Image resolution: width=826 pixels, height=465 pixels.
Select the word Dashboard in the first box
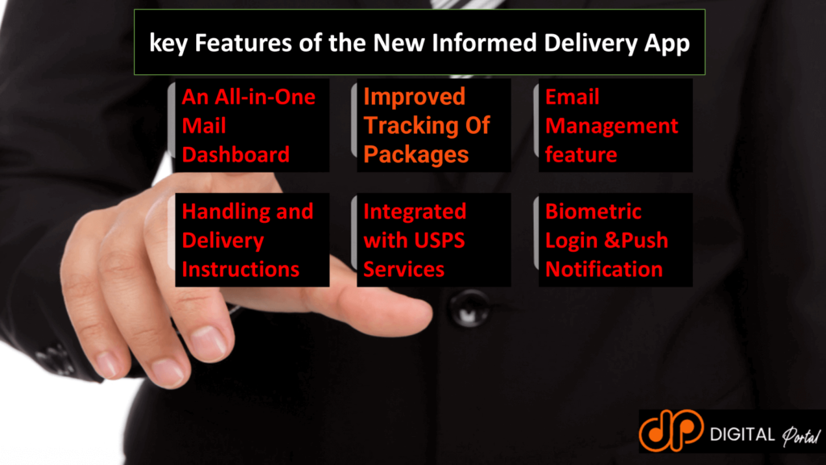pos(236,154)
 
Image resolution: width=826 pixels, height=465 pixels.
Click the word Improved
pos(414,97)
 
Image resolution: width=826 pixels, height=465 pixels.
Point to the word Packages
pos(415,154)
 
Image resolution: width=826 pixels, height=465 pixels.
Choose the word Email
pos(572,97)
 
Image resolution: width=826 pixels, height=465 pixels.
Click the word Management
pos(611,126)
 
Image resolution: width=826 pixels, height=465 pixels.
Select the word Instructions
pos(240,269)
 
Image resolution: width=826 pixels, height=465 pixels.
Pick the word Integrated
pos(415,212)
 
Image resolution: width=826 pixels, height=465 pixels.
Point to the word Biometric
pos(593,212)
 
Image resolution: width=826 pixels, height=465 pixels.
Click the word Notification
pos(603,269)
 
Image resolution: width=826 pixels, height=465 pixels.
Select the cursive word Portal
pos(800,436)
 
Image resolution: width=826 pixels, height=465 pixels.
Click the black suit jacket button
pos(469,308)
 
